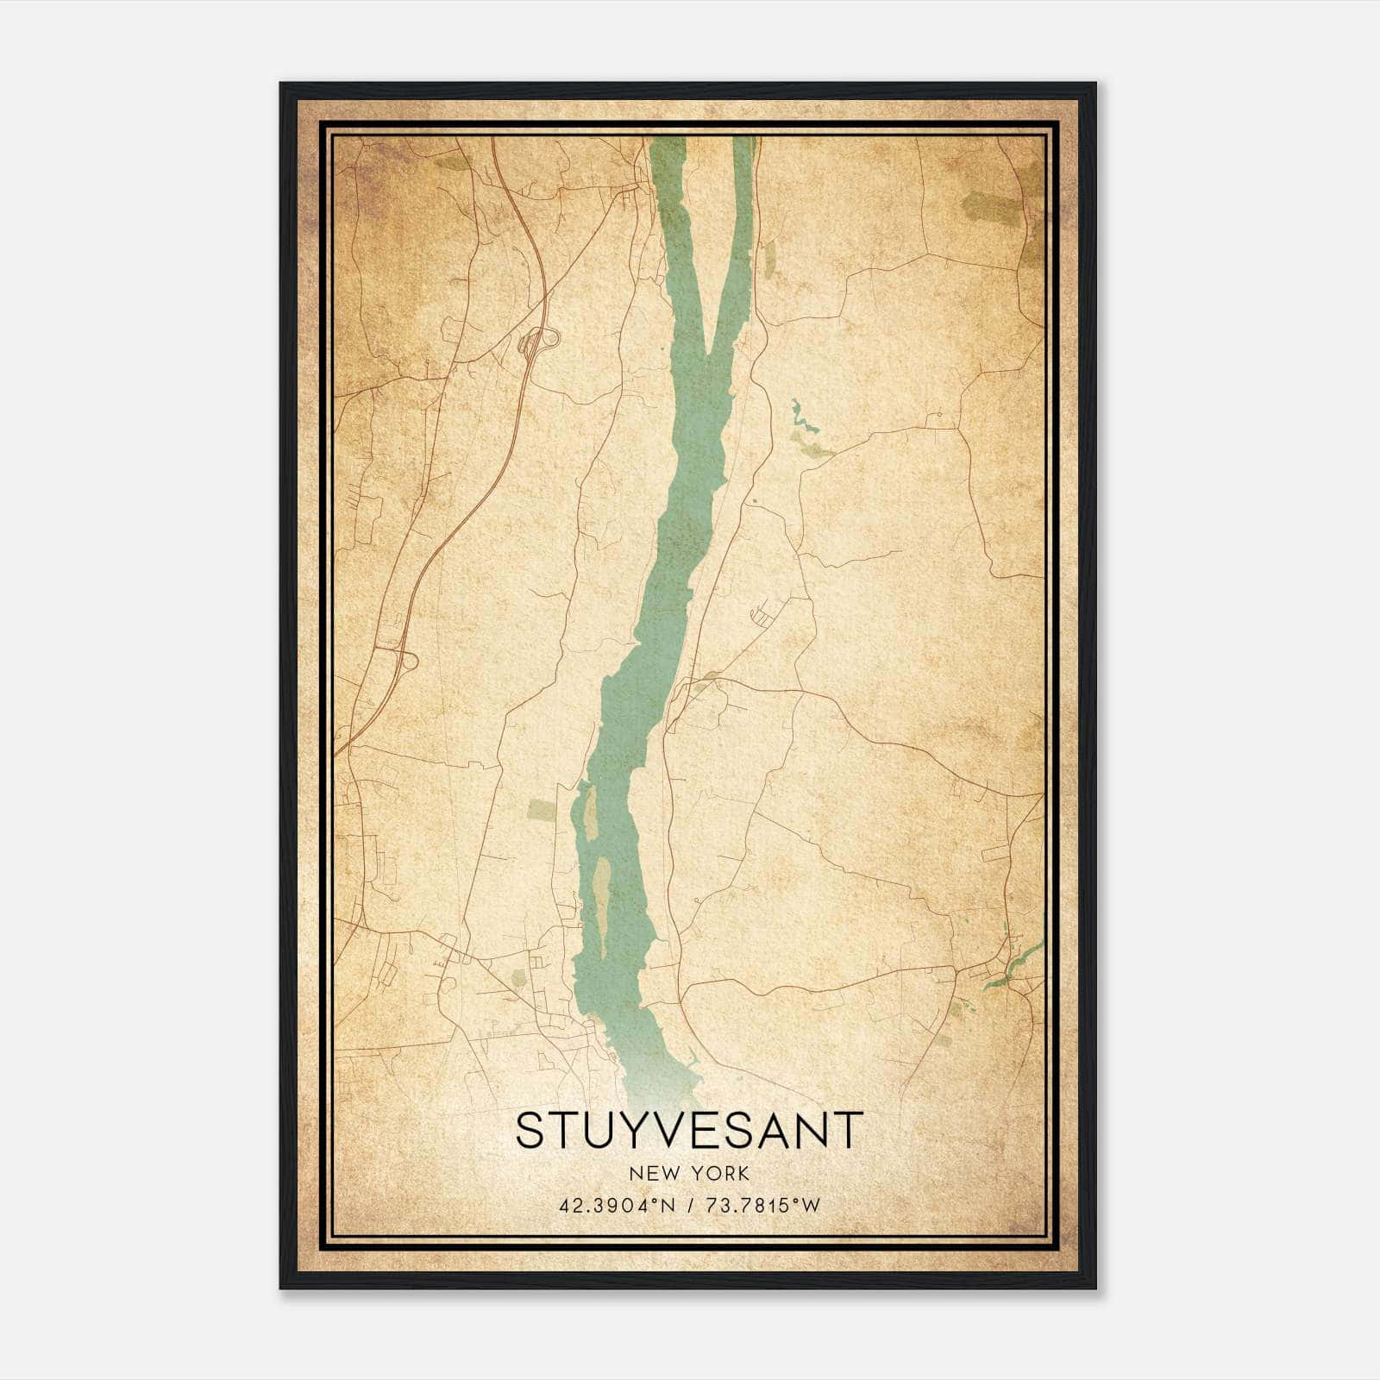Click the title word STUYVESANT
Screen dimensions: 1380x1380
688,1130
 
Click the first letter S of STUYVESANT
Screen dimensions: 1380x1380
530,1130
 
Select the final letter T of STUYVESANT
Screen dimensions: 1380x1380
848,1130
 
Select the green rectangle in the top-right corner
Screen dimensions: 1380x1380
989,208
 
